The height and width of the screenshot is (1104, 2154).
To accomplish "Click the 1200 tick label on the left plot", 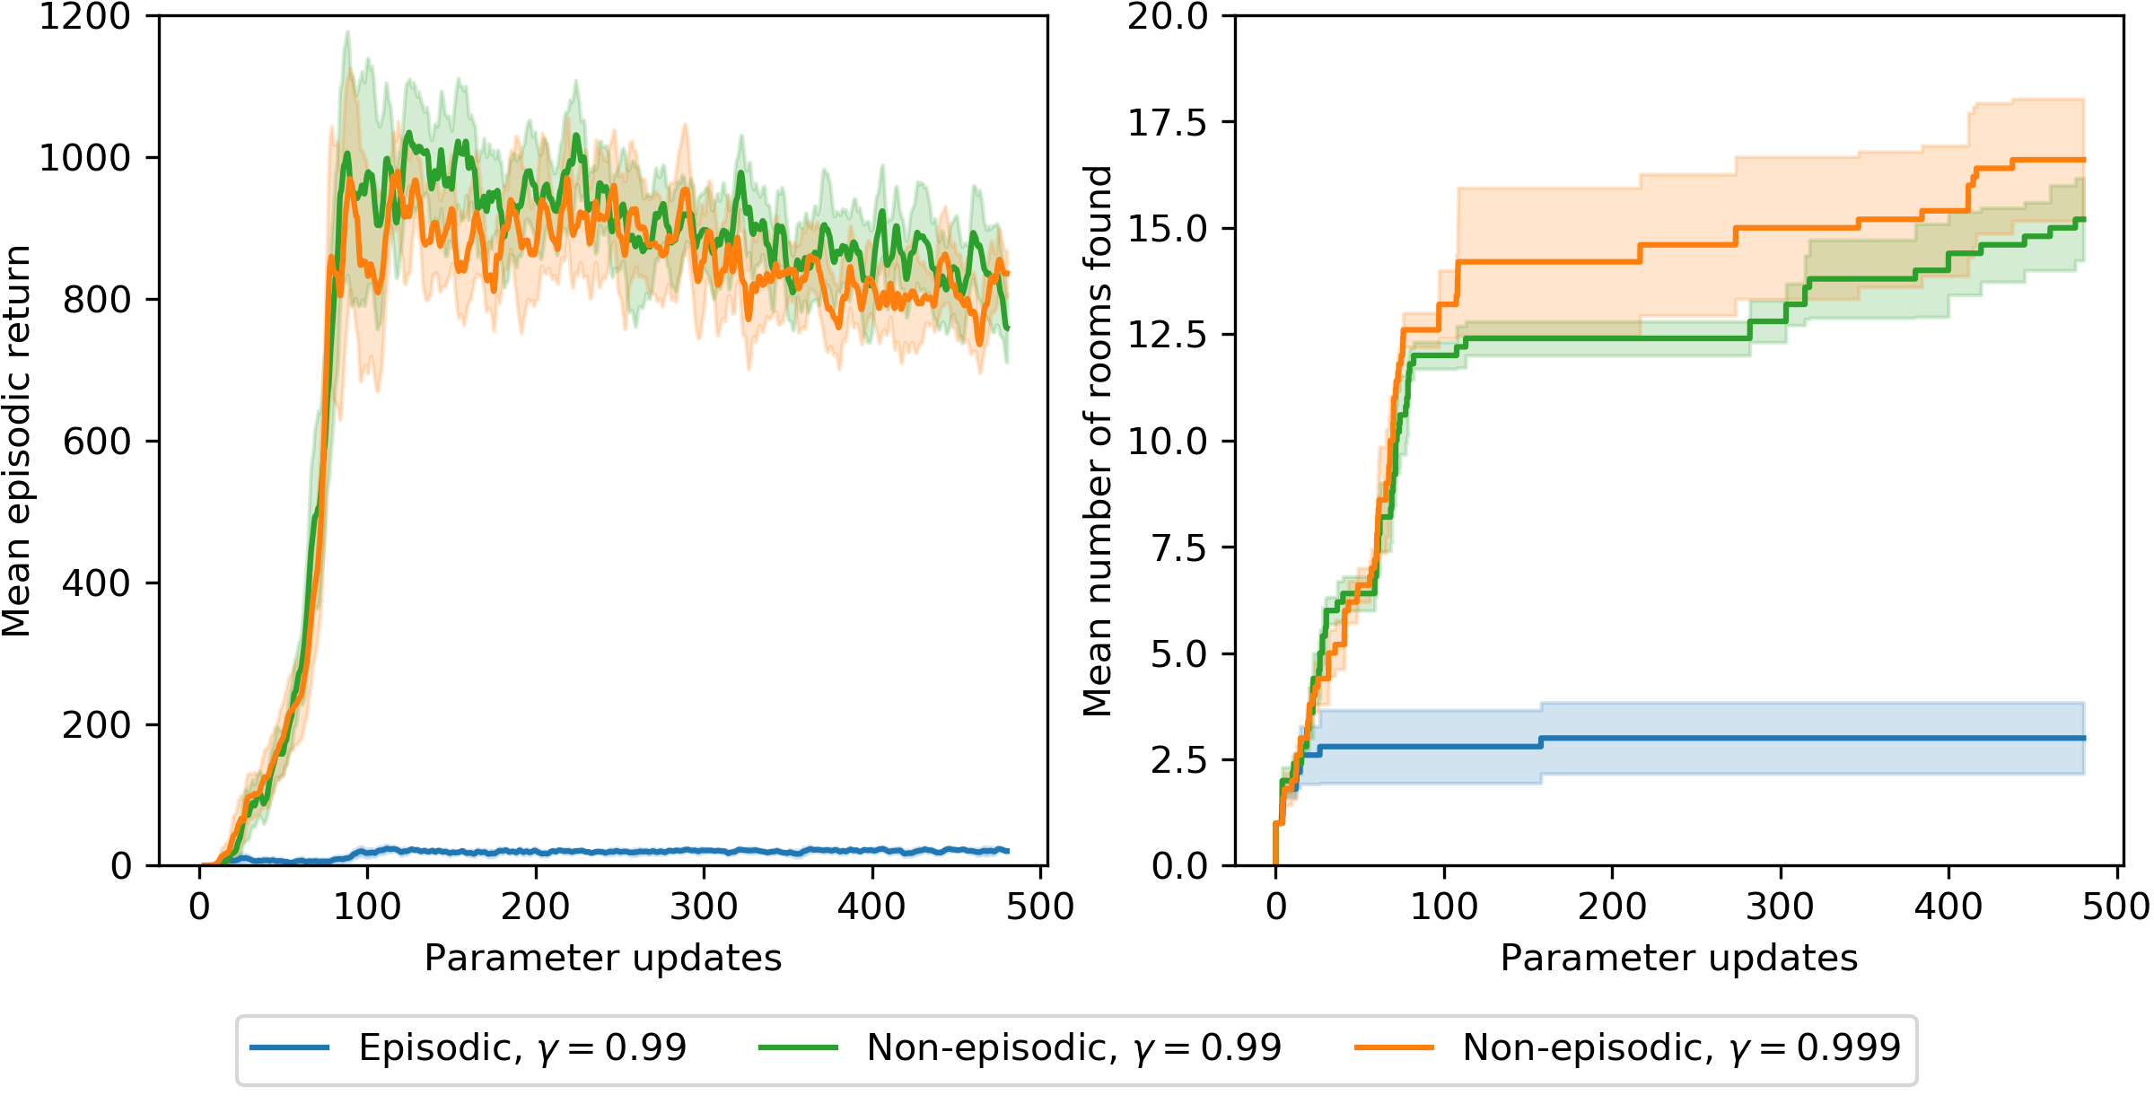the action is tap(84, 17).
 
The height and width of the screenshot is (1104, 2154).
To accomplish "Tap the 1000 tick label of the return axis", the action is tap(84, 158).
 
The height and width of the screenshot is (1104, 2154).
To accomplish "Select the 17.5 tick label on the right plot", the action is tap(1168, 122).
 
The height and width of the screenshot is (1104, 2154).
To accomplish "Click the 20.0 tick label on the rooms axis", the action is tap(1168, 16).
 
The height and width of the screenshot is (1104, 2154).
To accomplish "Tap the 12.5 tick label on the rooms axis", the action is tap(1168, 335).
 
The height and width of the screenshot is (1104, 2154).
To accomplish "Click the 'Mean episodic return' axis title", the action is tap(16, 441).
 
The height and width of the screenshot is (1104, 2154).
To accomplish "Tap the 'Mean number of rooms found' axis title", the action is tap(1097, 441).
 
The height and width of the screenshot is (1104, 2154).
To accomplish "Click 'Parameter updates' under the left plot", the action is tap(603, 959).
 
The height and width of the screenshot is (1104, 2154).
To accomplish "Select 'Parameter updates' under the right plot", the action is tap(1679, 959).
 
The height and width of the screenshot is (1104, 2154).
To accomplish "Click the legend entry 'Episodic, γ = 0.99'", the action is tap(522, 1047).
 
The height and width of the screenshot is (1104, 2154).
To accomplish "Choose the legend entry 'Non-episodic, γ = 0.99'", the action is tap(1074, 1047).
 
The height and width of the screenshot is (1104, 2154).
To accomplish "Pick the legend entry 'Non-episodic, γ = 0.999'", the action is tap(1682, 1047).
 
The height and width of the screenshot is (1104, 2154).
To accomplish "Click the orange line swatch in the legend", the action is tap(1394, 1047).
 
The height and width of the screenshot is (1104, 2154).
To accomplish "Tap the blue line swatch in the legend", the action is tap(290, 1047).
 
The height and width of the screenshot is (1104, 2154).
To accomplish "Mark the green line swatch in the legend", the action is tap(798, 1047).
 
